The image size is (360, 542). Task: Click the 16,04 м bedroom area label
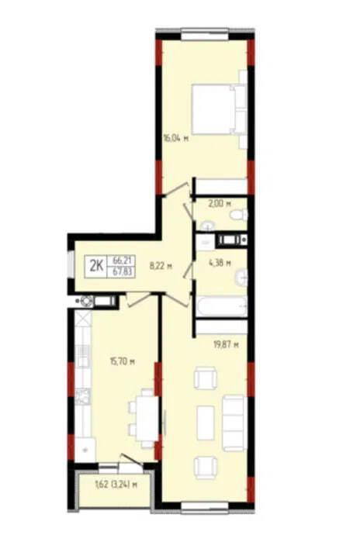(175, 139)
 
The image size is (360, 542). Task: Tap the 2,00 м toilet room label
(219, 204)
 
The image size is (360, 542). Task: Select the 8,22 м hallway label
(161, 266)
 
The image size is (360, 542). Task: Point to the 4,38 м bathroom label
(220, 263)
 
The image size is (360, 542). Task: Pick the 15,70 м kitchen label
(122, 361)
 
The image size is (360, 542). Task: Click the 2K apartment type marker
(96, 266)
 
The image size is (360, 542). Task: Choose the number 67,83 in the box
(121, 271)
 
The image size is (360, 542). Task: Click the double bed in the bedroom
(219, 109)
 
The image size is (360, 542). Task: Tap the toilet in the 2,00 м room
(239, 215)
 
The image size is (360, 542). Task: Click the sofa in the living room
(234, 423)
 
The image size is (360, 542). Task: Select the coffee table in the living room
(206, 423)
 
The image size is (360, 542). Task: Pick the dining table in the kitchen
(147, 418)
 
